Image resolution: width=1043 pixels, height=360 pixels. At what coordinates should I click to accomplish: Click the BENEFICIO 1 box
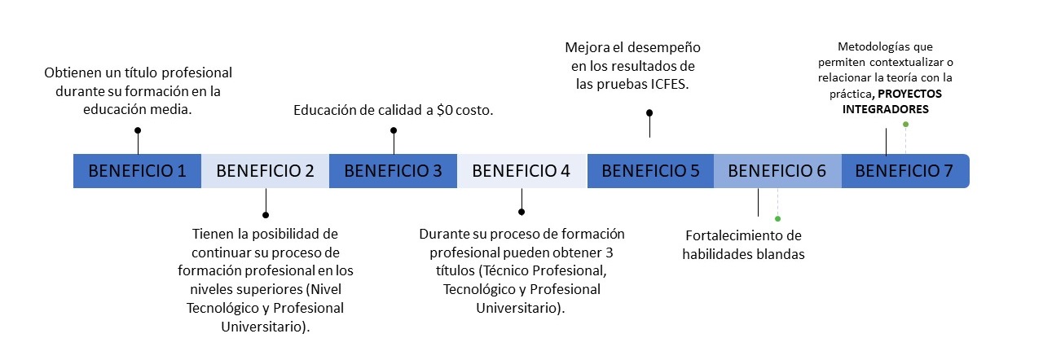click(x=137, y=171)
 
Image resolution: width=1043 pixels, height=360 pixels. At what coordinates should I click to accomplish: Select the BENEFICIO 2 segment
click(x=265, y=171)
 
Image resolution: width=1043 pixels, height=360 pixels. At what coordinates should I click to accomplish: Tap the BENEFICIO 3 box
click(x=393, y=171)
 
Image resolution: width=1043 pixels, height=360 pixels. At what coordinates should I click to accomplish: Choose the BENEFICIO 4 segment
click(x=521, y=171)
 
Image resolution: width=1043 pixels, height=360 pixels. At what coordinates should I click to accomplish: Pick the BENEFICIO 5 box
click(x=649, y=171)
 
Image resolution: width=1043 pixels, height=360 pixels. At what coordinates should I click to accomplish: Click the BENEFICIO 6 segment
click(x=777, y=171)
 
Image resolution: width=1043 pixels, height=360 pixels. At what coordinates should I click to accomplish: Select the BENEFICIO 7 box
click(x=904, y=171)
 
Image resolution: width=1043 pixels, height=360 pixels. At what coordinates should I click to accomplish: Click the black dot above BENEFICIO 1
click(x=138, y=130)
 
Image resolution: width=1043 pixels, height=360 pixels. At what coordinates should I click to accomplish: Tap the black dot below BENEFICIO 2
click(x=266, y=215)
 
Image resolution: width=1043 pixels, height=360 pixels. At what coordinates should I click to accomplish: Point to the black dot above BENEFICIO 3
click(x=394, y=130)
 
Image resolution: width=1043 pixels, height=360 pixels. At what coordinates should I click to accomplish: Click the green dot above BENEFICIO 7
click(x=905, y=124)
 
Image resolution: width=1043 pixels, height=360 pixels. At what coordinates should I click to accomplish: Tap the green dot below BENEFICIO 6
click(x=777, y=218)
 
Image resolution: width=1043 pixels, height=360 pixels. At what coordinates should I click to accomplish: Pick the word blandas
click(x=778, y=254)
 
